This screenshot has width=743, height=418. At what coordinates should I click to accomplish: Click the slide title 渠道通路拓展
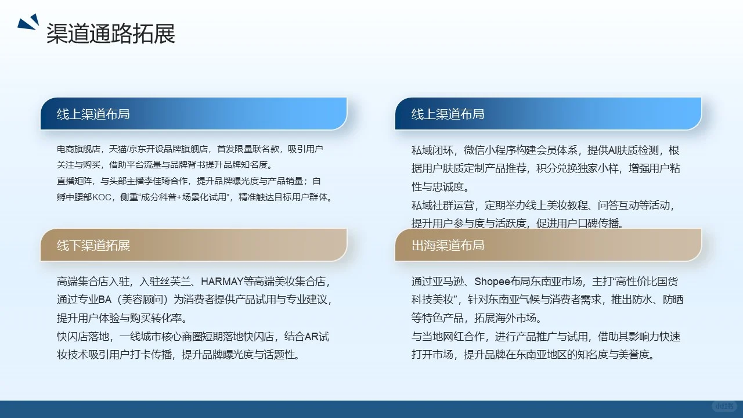(x=110, y=34)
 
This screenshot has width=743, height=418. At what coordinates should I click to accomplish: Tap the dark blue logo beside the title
(x=28, y=23)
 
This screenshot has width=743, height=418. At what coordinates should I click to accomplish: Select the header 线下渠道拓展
(x=93, y=245)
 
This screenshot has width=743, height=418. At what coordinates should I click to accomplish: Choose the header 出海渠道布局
(x=448, y=245)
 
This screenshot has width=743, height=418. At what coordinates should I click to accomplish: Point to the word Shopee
(x=492, y=282)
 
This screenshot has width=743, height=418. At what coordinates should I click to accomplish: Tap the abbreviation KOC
(x=102, y=197)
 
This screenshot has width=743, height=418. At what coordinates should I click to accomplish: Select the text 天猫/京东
(x=126, y=149)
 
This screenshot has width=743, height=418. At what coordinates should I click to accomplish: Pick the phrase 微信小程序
(x=497, y=151)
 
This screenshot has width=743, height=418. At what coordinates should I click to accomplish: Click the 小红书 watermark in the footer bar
(x=724, y=406)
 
